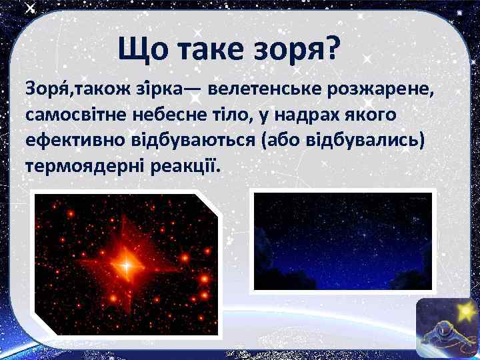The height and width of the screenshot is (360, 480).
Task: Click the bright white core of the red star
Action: [125, 266]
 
